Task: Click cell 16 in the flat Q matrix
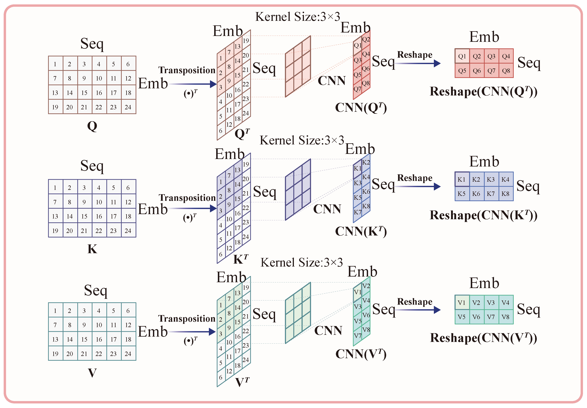99,93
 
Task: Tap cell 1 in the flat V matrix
55,311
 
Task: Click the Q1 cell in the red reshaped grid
462,56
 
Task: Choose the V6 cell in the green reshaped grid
476,317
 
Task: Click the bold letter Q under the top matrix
92,126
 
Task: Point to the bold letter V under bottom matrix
92,373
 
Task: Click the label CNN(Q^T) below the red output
361,108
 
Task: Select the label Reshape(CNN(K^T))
483,215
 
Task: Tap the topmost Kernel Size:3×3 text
297,17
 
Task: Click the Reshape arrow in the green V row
418,310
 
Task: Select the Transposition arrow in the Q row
192,84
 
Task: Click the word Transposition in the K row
187,198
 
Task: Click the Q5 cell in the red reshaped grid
462,71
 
